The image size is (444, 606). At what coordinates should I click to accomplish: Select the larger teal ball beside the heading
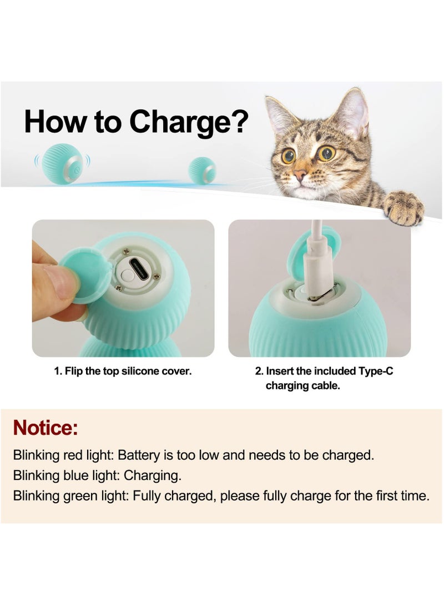coord(61,162)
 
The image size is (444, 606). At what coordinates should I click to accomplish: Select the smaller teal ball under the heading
coord(202,171)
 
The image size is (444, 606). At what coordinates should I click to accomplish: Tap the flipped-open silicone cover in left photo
coord(85,275)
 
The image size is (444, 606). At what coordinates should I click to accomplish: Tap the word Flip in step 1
coord(74,371)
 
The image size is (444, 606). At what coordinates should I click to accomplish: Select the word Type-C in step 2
coord(375,371)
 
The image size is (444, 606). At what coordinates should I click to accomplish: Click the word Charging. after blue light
coord(153,475)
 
